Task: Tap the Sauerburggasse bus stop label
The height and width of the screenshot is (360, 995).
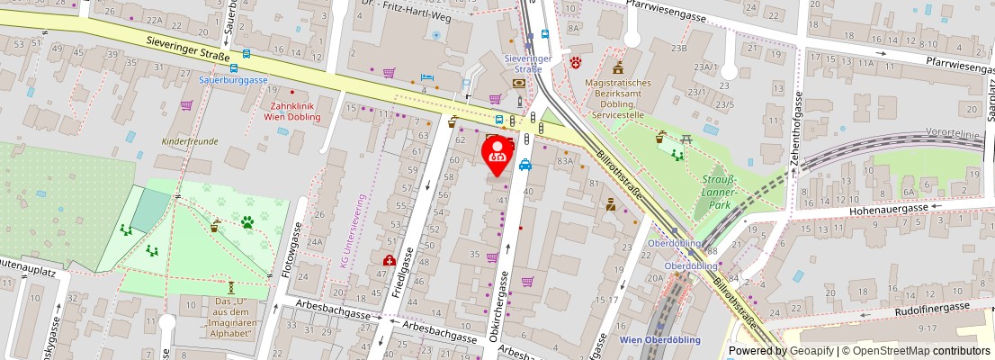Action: coord(233,79)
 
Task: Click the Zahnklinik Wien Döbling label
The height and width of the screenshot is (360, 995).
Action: coord(290,111)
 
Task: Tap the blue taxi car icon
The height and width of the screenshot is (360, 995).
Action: coord(524,165)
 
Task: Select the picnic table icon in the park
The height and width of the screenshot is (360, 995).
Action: coord(686,139)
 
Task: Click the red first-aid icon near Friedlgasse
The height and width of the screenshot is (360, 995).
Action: coord(389,261)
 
